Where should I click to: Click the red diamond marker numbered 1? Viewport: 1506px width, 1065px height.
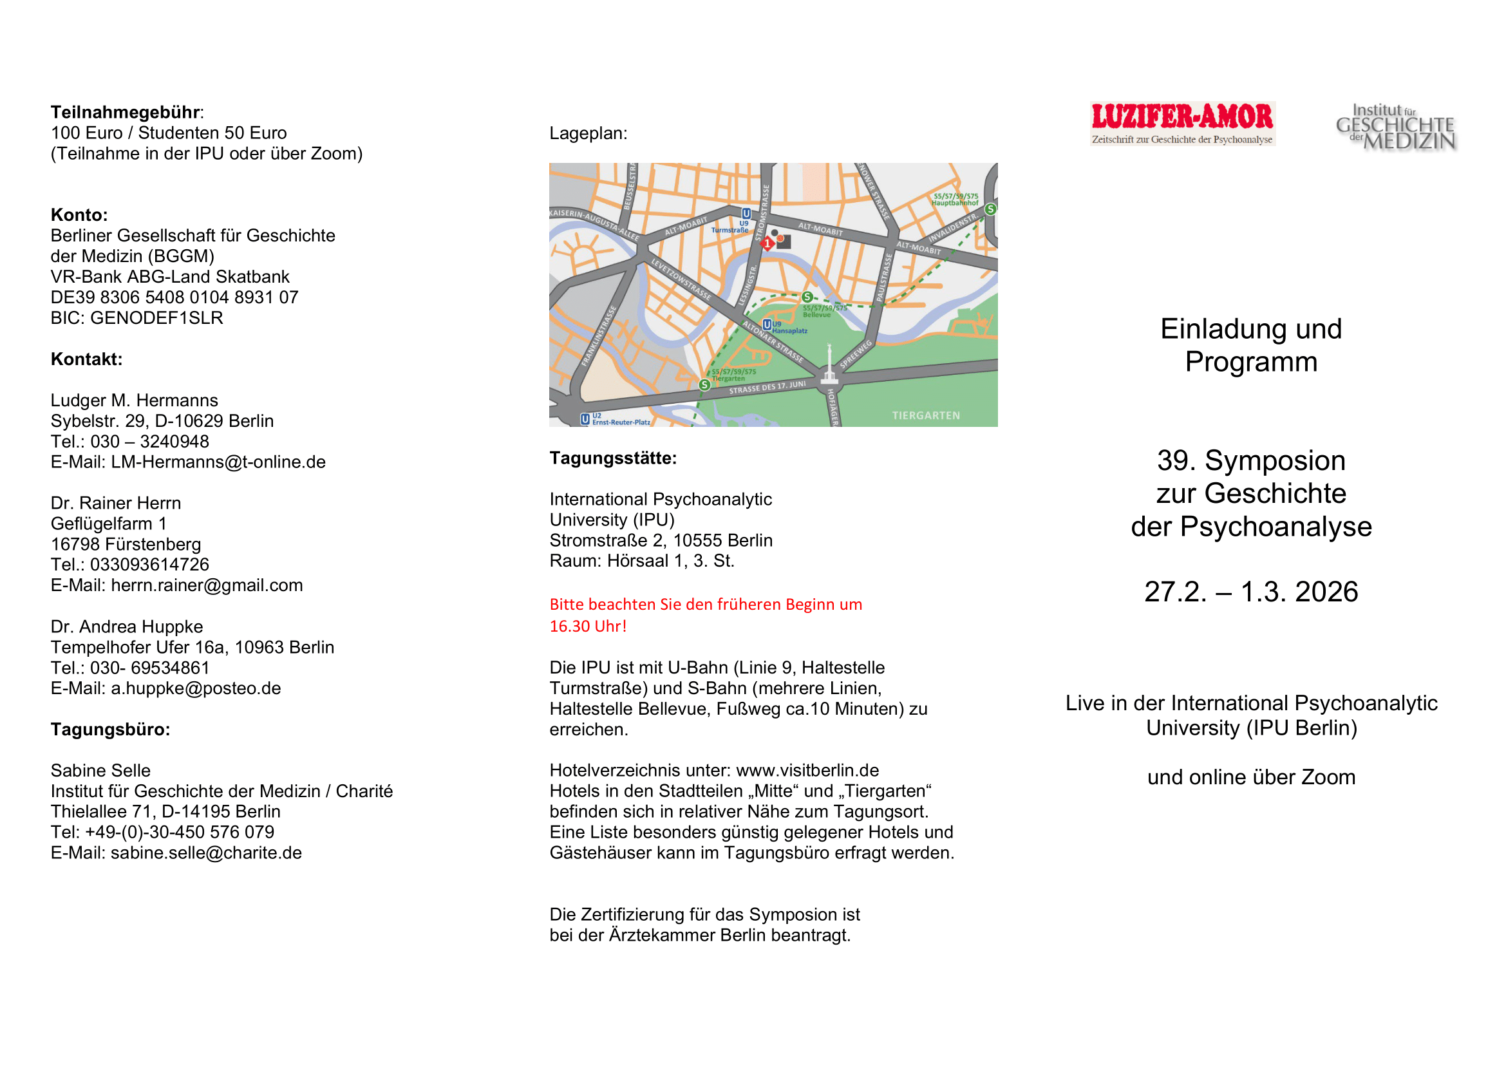tap(767, 244)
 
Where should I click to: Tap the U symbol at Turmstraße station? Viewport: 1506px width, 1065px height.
tap(746, 214)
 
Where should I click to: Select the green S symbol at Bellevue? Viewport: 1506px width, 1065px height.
tap(807, 297)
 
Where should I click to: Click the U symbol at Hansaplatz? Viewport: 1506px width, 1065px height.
tap(767, 325)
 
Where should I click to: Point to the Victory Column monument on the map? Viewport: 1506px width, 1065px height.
tap(830, 364)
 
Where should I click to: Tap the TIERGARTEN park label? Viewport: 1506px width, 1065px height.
tap(925, 416)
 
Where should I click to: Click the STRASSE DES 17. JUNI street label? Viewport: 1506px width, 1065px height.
tap(767, 388)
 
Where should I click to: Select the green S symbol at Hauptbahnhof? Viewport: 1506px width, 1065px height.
tap(990, 209)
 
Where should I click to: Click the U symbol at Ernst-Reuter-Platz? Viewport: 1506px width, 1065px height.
tap(585, 419)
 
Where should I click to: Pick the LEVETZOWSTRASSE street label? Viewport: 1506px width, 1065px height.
tap(681, 279)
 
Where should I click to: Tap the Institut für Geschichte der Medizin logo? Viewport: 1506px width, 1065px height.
tap(1396, 127)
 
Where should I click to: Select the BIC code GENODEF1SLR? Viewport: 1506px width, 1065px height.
tap(156, 318)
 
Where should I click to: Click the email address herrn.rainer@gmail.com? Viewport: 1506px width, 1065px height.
tap(207, 585)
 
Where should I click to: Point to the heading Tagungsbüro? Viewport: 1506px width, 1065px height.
tap(110, 730)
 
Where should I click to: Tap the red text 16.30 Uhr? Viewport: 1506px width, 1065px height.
tap(588, 627)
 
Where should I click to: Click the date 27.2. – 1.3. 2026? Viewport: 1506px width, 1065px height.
tap(1251, 592)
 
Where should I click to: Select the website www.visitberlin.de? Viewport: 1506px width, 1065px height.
tap(807, 771)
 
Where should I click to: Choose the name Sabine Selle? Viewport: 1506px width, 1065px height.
tap(100, 771)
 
